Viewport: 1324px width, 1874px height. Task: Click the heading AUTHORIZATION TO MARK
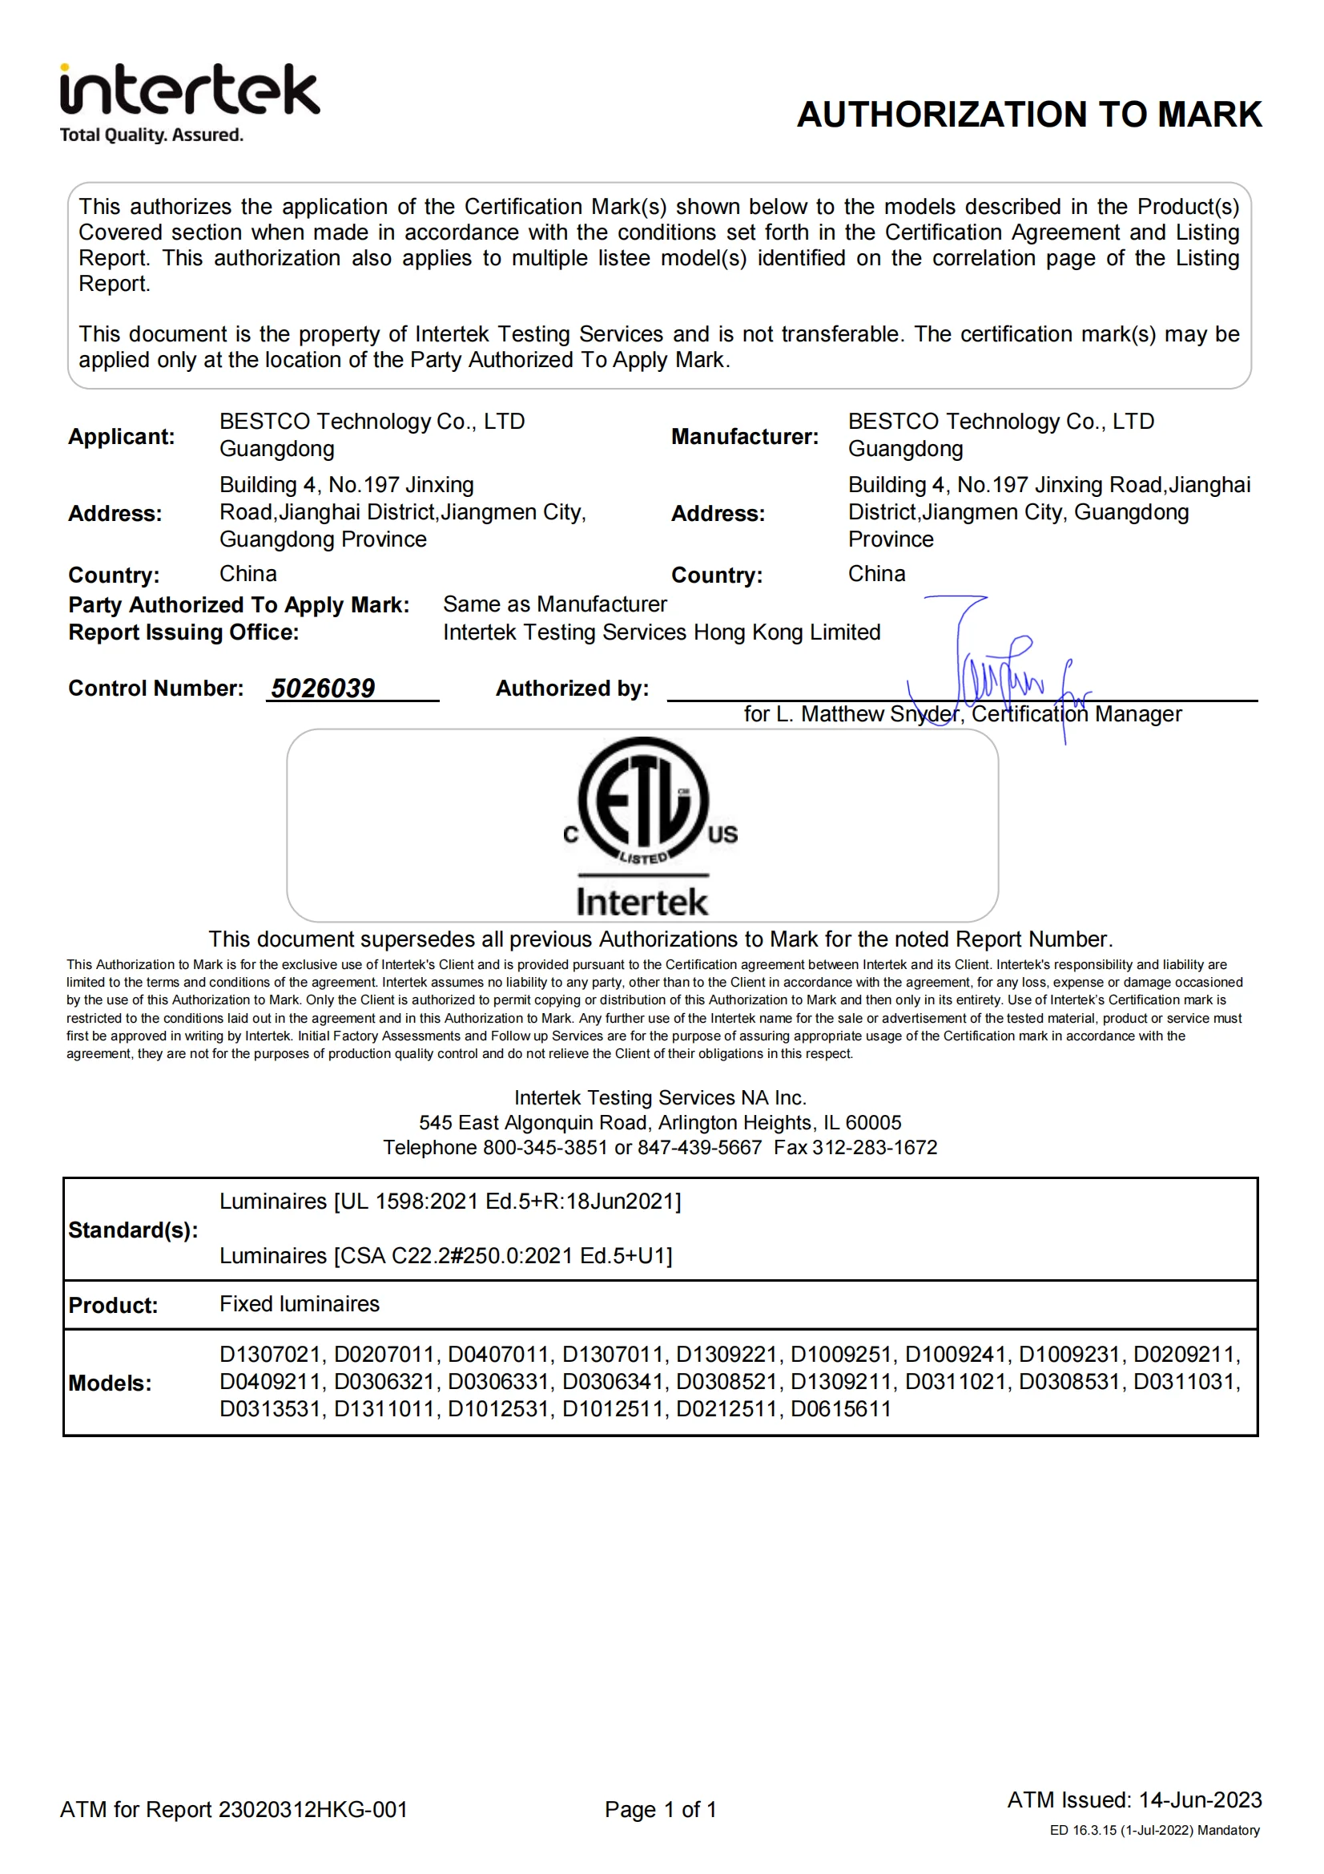click(1028, 115)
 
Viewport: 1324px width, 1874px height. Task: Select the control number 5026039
click(323, 688)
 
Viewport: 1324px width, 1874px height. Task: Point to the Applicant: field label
click(122, 437)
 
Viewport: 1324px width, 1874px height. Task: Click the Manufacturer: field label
click(744, 437)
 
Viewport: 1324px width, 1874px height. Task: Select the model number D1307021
click(270, 1354)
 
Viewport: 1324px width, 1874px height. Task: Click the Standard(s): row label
click(133, 1230)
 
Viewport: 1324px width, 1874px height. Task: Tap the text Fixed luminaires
click(300, 1303)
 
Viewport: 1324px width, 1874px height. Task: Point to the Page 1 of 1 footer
click(660, 1810)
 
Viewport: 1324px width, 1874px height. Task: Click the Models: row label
click(110, 1383)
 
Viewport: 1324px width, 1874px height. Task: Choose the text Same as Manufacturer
click(555, 604)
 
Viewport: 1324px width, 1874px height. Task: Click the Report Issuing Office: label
click(183, 632)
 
